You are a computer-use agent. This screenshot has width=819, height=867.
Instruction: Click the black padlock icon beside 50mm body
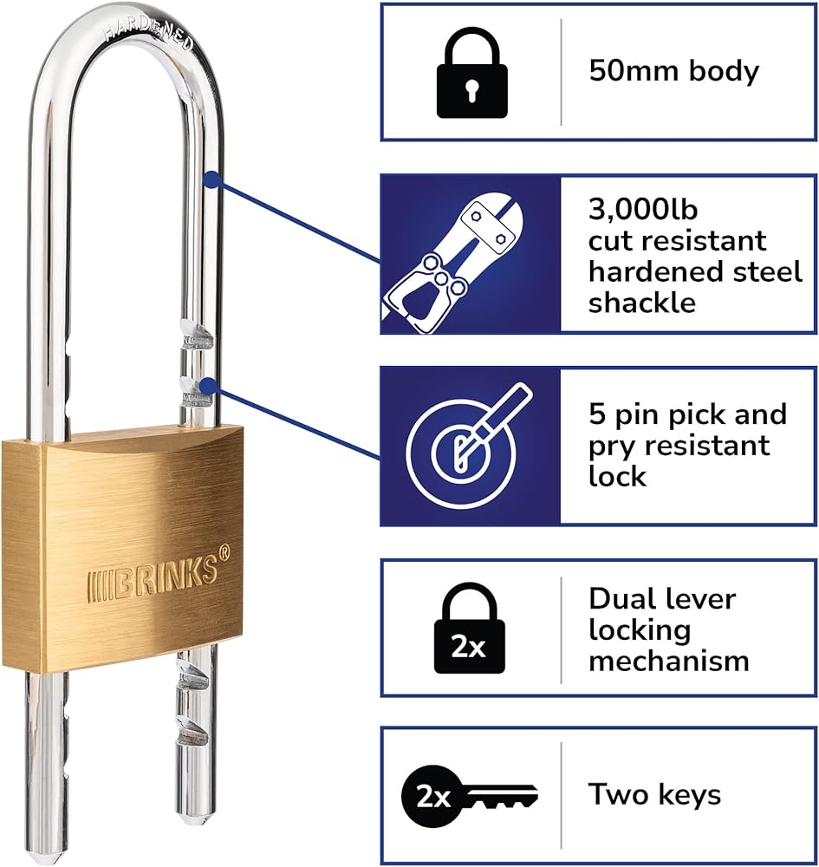471,72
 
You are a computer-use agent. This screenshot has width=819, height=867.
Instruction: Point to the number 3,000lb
643,209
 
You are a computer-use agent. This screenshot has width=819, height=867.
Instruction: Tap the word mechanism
668,661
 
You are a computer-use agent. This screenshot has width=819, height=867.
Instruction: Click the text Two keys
654,794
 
